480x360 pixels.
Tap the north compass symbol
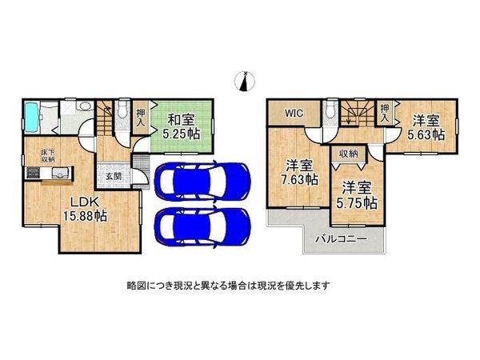coord(245,82)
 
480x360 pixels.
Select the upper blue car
coord(202,182)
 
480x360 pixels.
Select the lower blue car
coord(202,226)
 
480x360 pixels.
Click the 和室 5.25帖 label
coord(182,126)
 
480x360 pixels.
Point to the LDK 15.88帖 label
coord(85,209)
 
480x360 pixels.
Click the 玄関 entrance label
coord(114,176)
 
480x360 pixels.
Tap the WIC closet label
coord(294,113)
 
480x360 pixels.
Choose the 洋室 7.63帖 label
coord(299,172)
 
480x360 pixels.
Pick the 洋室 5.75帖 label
coord(357,195)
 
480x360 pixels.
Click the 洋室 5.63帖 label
coord(426,127)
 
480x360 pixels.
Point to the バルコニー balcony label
coord(341,238)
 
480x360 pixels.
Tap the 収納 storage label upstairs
coord(348,154)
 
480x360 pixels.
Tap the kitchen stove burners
coord(32,173)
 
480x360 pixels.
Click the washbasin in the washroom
coord(84,106)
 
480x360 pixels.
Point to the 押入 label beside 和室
coord(141,118)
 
